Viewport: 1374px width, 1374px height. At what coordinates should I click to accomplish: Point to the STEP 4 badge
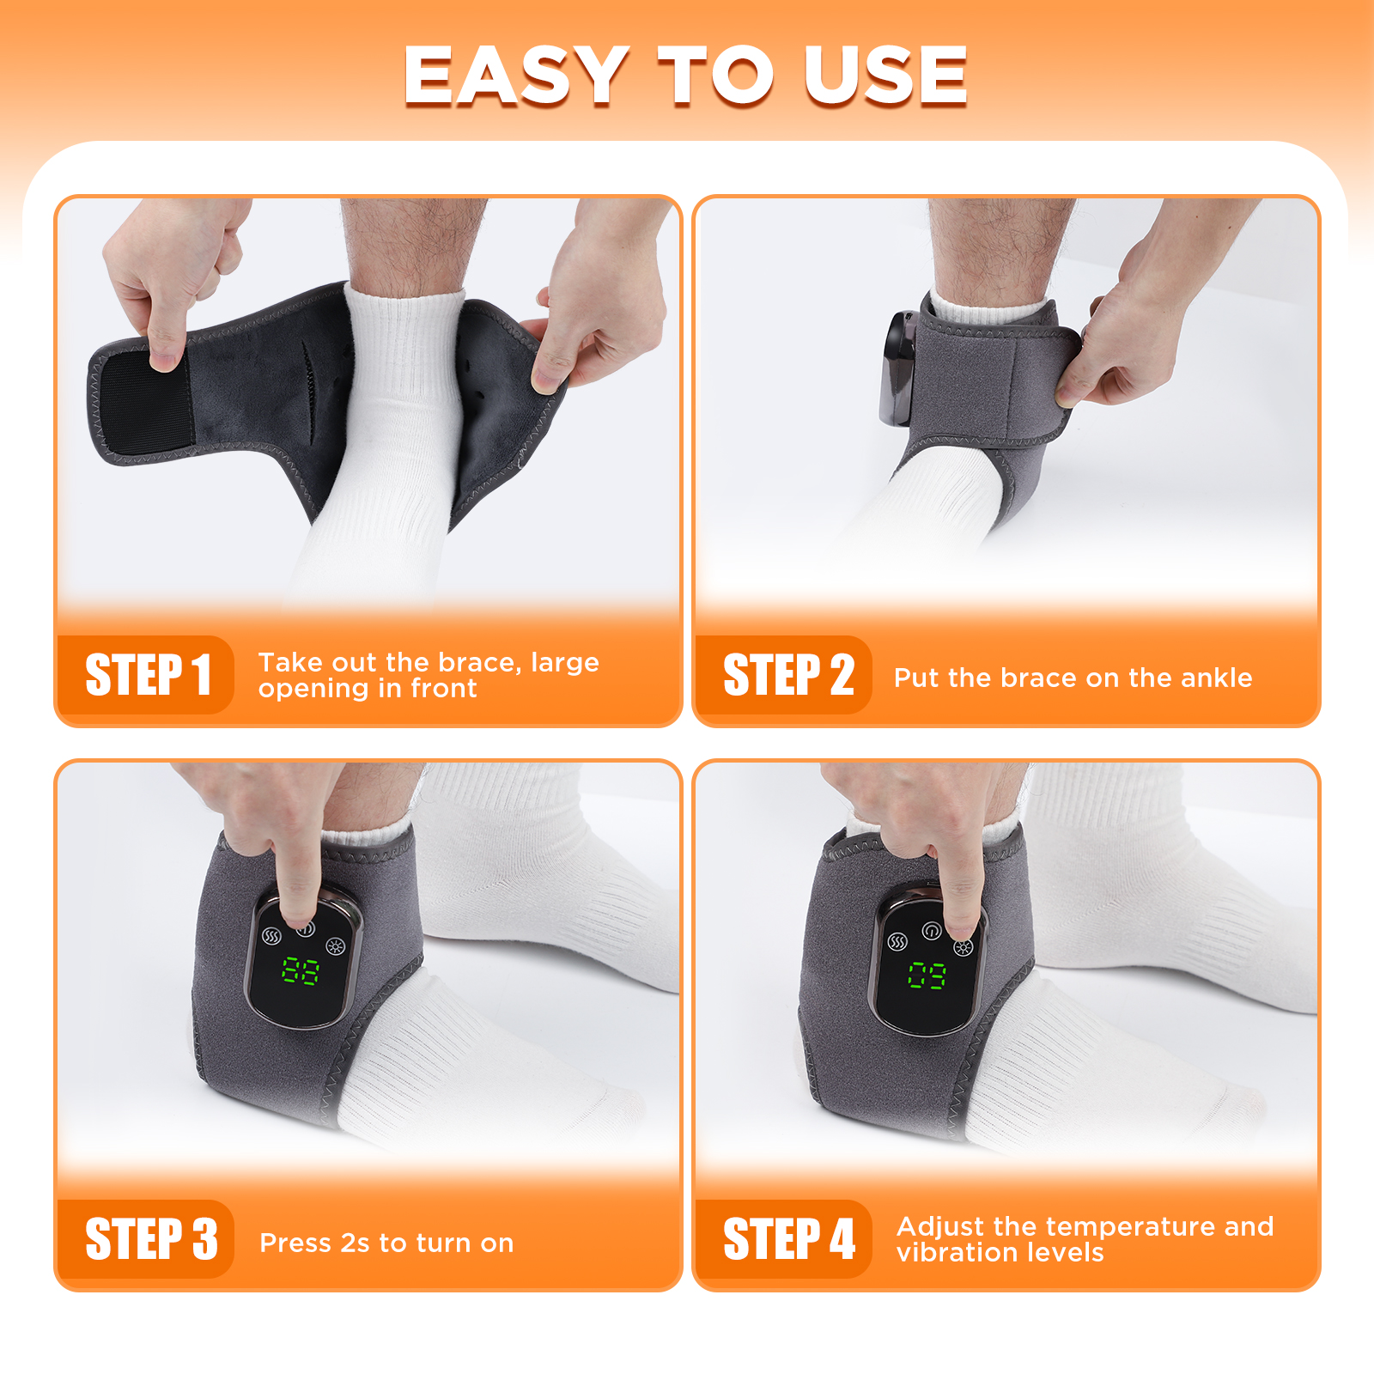(x=787, y=1239)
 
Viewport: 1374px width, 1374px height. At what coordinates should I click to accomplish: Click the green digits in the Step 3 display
(x=301, y=971)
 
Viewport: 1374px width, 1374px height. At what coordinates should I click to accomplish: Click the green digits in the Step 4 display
(x=927, y=976)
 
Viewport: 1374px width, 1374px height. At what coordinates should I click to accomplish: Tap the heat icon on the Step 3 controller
(x=271, y=936)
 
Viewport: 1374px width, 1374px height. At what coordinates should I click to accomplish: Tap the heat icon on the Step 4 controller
(x=897, y=942)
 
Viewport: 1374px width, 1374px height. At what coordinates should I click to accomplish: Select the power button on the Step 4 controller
(x=931, y=931)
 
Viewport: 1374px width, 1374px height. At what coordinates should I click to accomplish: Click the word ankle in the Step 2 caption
(x=1216, y=678)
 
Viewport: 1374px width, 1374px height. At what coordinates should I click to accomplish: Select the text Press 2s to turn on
(x=386, y=1243)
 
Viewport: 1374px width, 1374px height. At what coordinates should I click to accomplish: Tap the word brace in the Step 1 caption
(x=479, y=662)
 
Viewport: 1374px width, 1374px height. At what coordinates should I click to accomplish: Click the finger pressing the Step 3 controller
(x=296, y=885)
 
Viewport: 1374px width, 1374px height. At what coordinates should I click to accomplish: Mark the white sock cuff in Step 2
(x=988, y=311)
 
